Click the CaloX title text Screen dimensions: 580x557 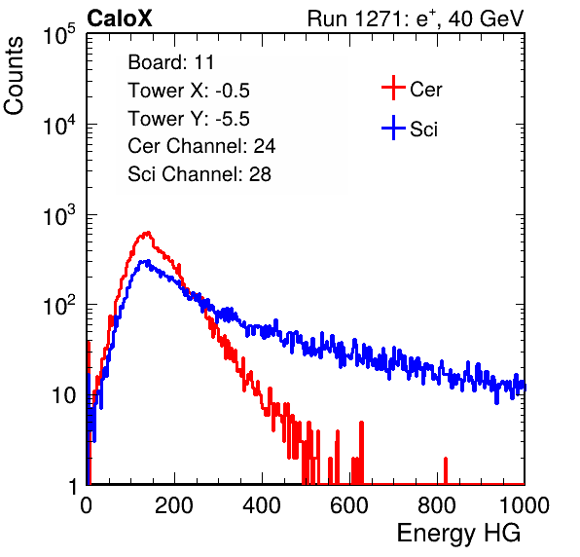119,19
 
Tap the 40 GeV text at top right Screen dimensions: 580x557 486,19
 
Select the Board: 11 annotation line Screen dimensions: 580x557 171,62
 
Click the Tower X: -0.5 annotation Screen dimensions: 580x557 189,91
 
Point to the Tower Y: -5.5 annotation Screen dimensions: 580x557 189,119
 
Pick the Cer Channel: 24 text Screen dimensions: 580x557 201,146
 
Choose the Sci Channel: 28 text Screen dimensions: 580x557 199,174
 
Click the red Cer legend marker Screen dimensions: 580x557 393,88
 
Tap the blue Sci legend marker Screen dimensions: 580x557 393,129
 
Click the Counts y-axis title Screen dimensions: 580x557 14,76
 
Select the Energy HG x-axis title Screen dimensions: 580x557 458,534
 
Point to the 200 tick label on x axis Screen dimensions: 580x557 174,505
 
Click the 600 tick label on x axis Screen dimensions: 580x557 349,505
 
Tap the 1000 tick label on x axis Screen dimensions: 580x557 525,505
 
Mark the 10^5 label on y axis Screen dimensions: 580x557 59,35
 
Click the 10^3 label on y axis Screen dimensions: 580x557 59,215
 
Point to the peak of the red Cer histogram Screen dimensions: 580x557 148,233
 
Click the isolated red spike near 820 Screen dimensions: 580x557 446,470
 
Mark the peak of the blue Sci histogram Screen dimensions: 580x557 148,261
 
